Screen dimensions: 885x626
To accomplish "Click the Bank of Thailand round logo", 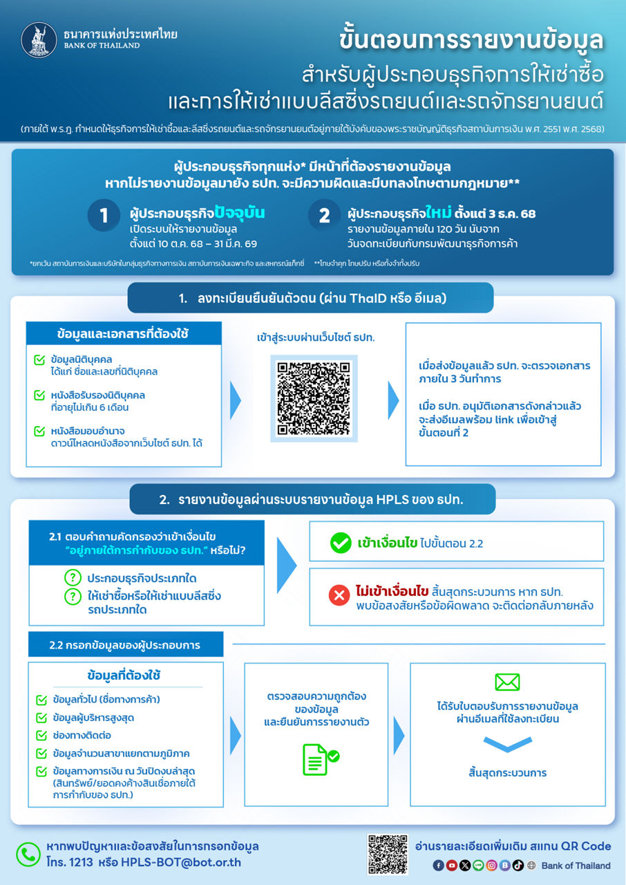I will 39,40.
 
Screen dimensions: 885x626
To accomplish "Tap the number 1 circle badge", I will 104,216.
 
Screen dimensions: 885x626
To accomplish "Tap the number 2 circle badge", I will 324,216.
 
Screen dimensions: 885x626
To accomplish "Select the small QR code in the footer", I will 388,855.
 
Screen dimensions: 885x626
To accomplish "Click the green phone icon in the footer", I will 28,855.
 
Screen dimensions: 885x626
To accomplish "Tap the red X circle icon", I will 339,595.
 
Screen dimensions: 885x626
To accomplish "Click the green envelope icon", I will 507,682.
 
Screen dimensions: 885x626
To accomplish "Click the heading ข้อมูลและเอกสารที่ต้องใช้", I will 123,334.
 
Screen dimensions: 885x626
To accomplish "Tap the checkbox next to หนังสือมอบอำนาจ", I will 39,431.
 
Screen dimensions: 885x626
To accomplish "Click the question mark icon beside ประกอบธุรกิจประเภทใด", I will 72,578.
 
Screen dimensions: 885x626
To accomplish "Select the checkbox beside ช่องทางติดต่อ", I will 41,735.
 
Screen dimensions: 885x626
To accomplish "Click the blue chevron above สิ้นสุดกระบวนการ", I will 507,744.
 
